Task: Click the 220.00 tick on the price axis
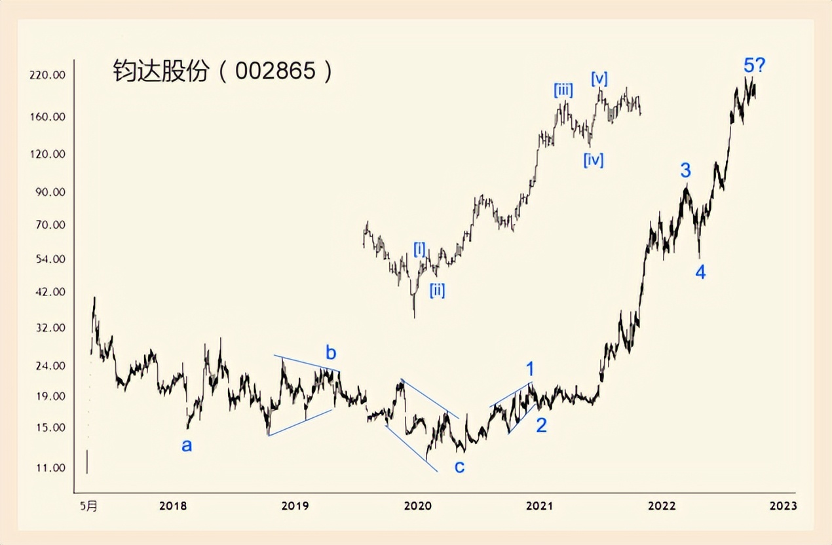[x=48, y=75]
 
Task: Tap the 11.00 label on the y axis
[x=50, y=468]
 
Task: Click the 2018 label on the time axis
[x=172, y=506]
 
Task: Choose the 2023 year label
[x=783, y=506]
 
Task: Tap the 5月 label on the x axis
[x=90, y=506]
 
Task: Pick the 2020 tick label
[x=417, y=506]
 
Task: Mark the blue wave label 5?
[x=755, y=65]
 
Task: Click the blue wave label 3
[x=685, y=171]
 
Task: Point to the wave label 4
[x=700, y=273]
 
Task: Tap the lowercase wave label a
[x=187, y=446]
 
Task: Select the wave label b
[x=331, y=354]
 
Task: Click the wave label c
[x=459, y=466]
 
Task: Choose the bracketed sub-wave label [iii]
[x=563, y=90]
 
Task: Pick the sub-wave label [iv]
[x=594, y=159]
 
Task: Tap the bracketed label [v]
[x=599, y=79]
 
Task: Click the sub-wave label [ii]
[x=437, y=290]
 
